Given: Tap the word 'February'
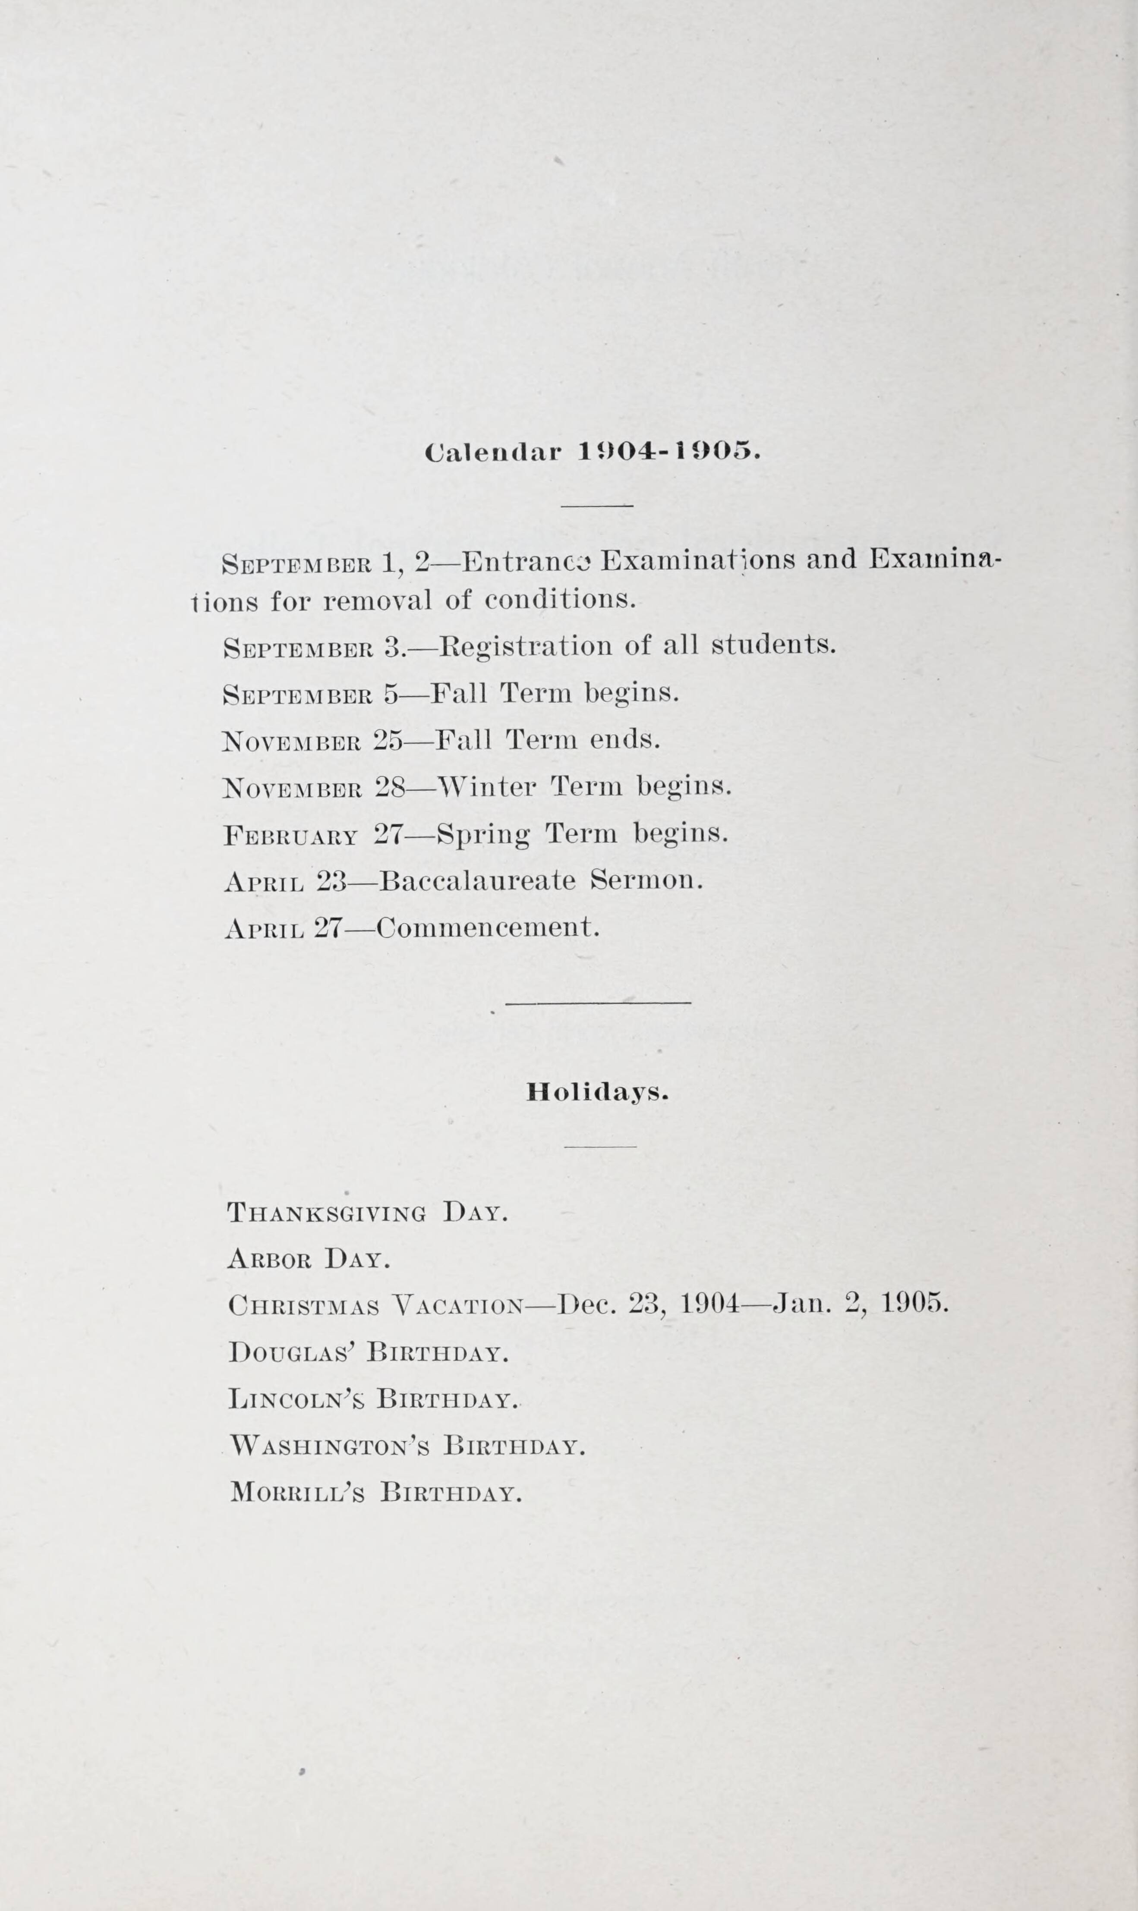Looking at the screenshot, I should point(290,835).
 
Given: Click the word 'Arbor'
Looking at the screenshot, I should point(268,1260).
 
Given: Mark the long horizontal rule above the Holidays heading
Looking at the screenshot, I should point(598,1002).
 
